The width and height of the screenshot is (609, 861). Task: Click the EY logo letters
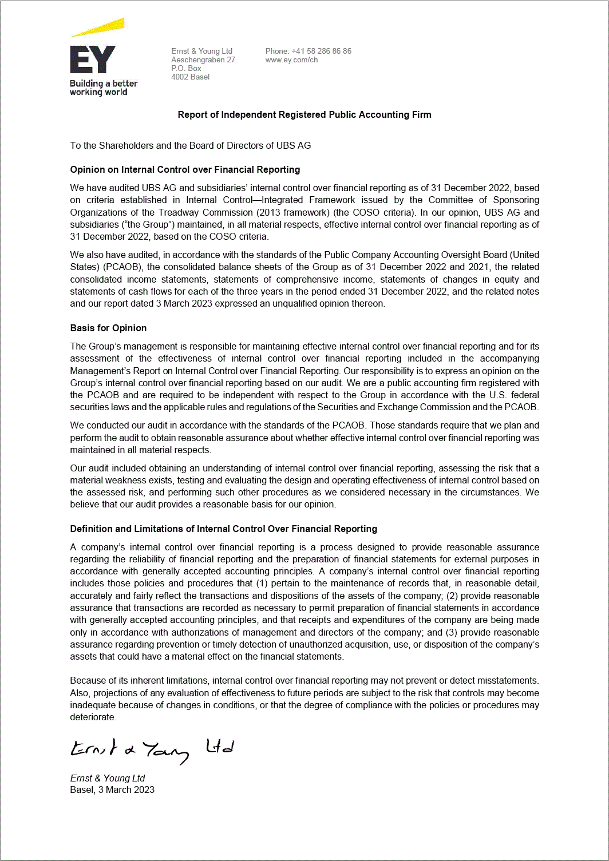[92, 59]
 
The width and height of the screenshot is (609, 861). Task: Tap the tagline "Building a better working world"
[104, 88]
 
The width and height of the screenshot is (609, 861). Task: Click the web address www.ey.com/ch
[291, 59]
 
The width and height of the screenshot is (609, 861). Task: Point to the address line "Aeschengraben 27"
[203, 59]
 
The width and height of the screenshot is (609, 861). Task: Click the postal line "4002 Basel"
[190, 77]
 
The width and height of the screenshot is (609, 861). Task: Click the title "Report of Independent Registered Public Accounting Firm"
[304, 114]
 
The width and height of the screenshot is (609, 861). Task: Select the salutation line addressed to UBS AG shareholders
[191, 145]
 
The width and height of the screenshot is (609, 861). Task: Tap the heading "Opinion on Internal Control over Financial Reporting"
[185, 169]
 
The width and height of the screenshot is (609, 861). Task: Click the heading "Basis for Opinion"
[108, 328]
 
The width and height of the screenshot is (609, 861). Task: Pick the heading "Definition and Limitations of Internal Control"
[223, 529]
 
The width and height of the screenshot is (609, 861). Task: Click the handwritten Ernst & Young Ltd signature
[151, 749]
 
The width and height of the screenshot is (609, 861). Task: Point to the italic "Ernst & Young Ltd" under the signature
[108, 778]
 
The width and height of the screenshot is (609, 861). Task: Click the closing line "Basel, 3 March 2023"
[112, 789]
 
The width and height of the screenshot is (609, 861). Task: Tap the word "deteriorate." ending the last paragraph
[93, 717]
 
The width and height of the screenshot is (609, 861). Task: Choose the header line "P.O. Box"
[186, 68]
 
